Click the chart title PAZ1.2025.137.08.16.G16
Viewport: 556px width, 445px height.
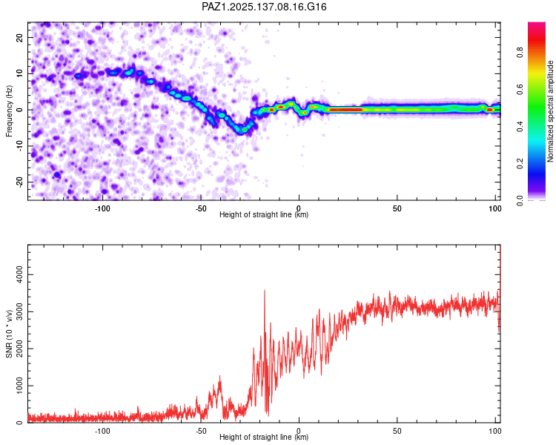tap(264, 7)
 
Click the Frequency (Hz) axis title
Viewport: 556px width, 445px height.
tap(9, 111)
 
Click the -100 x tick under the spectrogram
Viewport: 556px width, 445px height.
tap(102, 208)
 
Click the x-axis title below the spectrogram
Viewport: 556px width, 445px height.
tap(264, 215)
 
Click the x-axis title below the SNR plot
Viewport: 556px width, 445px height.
tap(264, 438)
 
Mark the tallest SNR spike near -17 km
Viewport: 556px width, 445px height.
tap(265, 291)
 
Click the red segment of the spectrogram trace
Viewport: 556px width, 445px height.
tap(345, 110)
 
